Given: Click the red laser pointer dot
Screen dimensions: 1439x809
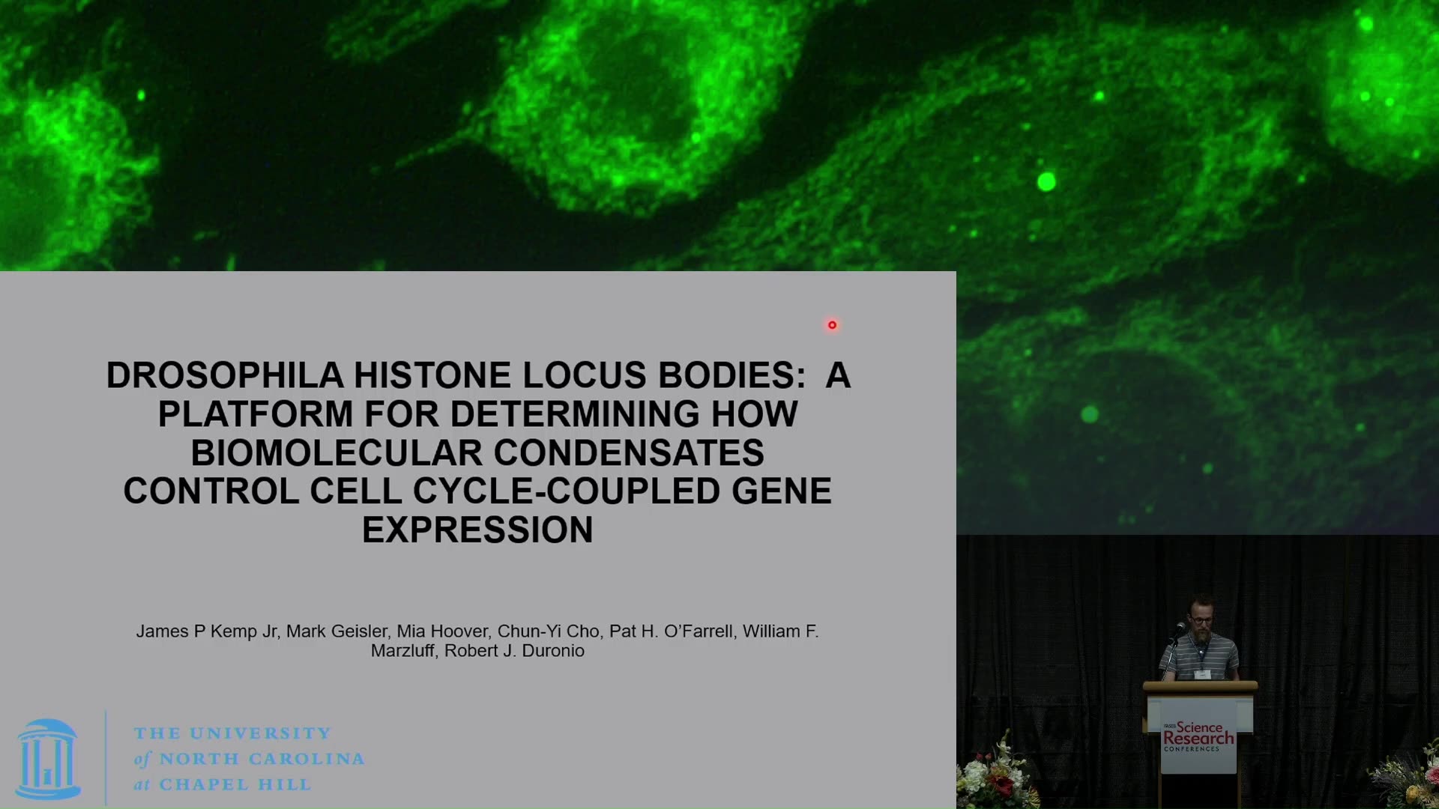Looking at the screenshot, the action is pos(832,325).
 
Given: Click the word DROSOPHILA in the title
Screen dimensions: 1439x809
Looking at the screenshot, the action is pos(225,375).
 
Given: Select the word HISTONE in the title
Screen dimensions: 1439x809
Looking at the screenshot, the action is pos(432,375).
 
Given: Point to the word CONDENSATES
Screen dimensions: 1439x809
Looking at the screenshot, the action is pos(629,453).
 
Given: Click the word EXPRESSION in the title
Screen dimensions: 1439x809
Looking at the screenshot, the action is pos(477,530).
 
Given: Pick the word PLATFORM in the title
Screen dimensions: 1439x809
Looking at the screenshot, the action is pos(256,414).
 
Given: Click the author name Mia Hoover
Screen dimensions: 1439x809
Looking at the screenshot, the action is pos(442,631).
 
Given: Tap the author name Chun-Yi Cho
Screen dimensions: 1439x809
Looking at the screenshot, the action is pos(549,631).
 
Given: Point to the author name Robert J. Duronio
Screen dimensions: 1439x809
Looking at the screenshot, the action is pos(514,651).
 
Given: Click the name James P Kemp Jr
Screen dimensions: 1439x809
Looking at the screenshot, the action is pos(207,631).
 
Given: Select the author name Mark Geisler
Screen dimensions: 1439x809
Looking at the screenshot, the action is pos(337,631).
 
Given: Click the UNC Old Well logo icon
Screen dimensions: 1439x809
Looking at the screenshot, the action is pos(48,759).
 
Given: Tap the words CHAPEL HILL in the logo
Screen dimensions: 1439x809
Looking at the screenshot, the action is pos(235,785).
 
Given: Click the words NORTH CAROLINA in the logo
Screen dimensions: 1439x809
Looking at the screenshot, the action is pos(262,759).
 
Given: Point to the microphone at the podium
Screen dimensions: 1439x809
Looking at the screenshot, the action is pos(1179,628).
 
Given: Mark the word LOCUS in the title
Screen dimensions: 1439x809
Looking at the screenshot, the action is pos(584,375).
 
